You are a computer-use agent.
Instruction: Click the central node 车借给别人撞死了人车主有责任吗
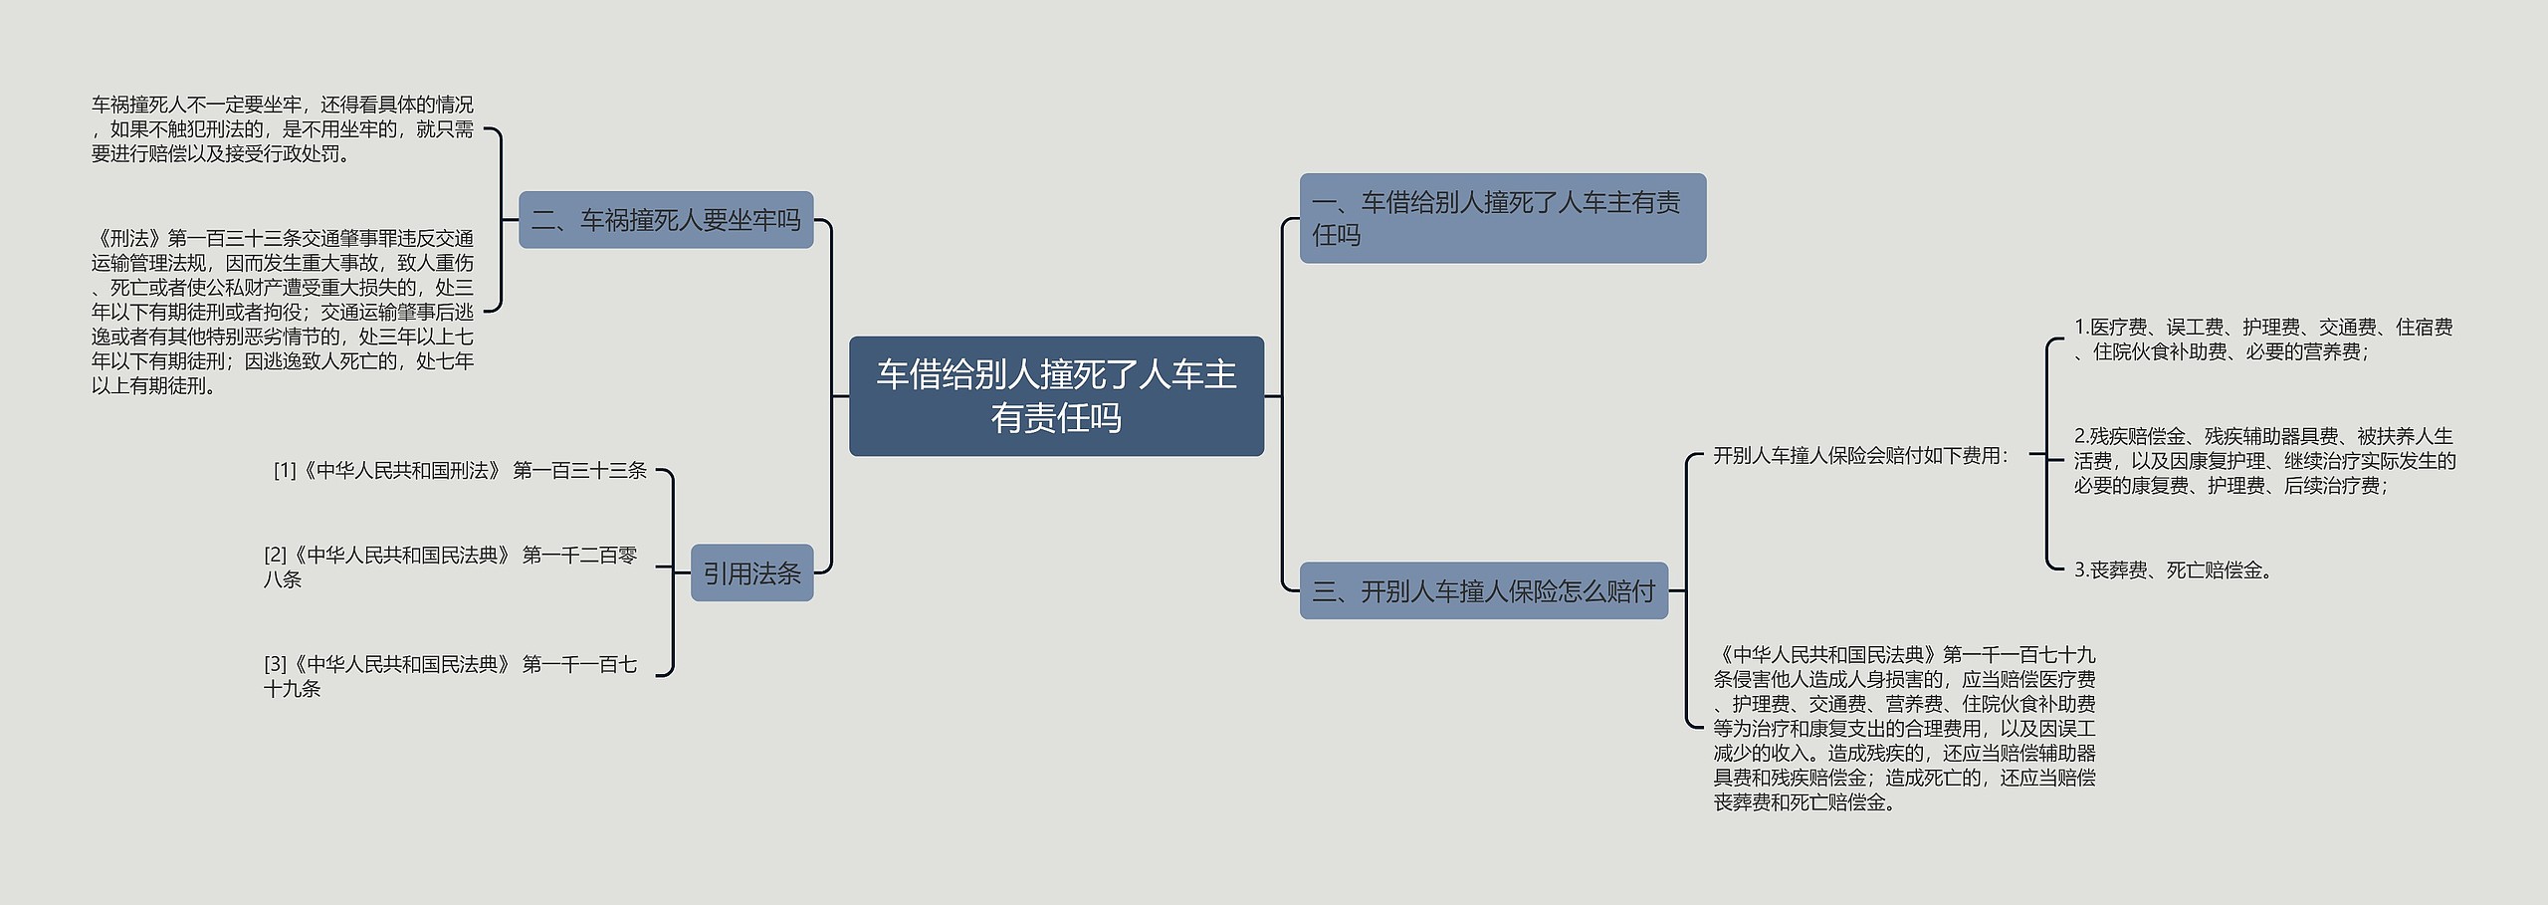[1056, 396]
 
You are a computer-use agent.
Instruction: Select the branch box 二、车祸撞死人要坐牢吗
[666, 220]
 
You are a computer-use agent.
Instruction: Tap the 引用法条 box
[751, 572]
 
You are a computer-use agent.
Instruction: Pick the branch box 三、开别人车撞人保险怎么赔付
[1483, 591]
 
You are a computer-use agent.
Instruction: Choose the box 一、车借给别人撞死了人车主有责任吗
[1502, 218]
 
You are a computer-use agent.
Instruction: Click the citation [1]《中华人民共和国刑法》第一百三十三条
[460, 470]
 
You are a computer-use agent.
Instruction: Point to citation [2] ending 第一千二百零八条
[450, 566]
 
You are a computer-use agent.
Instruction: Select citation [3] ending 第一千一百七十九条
[450, 676]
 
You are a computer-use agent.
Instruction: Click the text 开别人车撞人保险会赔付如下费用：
[1860, 456]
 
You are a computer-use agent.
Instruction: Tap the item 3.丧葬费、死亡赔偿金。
[2174, 570]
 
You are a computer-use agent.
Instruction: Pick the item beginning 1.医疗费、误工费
[2262, 339]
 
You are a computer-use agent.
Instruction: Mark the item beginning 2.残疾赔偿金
[2264, 461]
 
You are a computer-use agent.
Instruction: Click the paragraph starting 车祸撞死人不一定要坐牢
[283, 129]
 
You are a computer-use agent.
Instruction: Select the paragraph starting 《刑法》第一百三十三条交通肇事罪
[283, 312]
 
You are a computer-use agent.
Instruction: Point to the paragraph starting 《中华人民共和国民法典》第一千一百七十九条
[1904, 728]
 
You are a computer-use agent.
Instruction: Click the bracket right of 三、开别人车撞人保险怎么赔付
[1686, 590]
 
